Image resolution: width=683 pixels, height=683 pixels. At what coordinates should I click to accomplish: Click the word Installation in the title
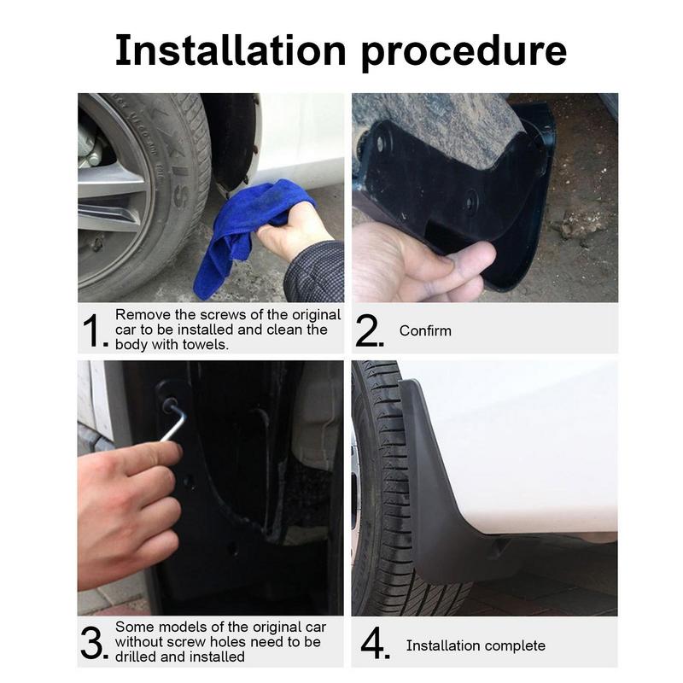tap(231, 50)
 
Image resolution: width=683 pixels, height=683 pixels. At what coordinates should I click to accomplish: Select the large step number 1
tap(95, 331)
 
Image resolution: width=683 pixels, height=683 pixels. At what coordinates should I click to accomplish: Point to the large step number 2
tap(369, 330)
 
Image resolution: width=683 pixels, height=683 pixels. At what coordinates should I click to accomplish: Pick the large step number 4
tap(374, 644)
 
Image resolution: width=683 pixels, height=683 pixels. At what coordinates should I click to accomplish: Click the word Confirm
tap(425, 330)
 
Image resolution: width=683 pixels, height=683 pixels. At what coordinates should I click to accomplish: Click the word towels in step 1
tap(205, 345)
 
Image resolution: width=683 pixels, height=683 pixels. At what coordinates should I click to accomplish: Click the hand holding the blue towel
tap(293, 233)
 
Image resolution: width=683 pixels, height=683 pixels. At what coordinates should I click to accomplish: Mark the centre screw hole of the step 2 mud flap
tap(470, 201)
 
